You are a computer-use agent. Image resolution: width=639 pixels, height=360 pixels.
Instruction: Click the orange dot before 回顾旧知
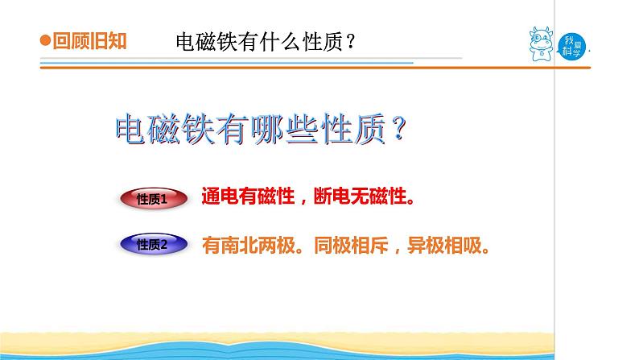(x=45, y=40)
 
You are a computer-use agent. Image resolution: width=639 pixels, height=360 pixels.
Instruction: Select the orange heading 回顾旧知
(x=89, y=41)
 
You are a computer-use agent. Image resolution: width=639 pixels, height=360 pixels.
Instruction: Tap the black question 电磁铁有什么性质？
(x=266, y=42)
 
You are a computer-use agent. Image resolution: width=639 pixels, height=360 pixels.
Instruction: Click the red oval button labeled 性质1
(x=154, y=199)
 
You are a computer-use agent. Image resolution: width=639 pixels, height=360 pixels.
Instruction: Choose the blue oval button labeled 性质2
(x=154, y=244)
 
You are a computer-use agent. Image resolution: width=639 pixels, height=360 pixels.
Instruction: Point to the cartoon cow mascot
(x=541, y=44)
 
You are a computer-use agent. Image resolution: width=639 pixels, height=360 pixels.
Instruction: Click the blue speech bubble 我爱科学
(x=571, y=47)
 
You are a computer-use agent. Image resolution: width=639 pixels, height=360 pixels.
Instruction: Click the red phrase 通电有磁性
(x=248, y=196)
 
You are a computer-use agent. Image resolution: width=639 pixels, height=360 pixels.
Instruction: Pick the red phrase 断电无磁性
(x=361, y=196)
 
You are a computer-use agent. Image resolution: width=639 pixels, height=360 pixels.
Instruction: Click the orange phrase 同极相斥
(x=351, y=246)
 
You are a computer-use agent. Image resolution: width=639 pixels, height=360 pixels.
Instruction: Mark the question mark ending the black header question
(x=350, y=42)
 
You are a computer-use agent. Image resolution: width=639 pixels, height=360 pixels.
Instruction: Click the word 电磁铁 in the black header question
(x=206, y=42)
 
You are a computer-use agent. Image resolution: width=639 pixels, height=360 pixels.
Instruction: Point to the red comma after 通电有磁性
(x=303, y=201)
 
